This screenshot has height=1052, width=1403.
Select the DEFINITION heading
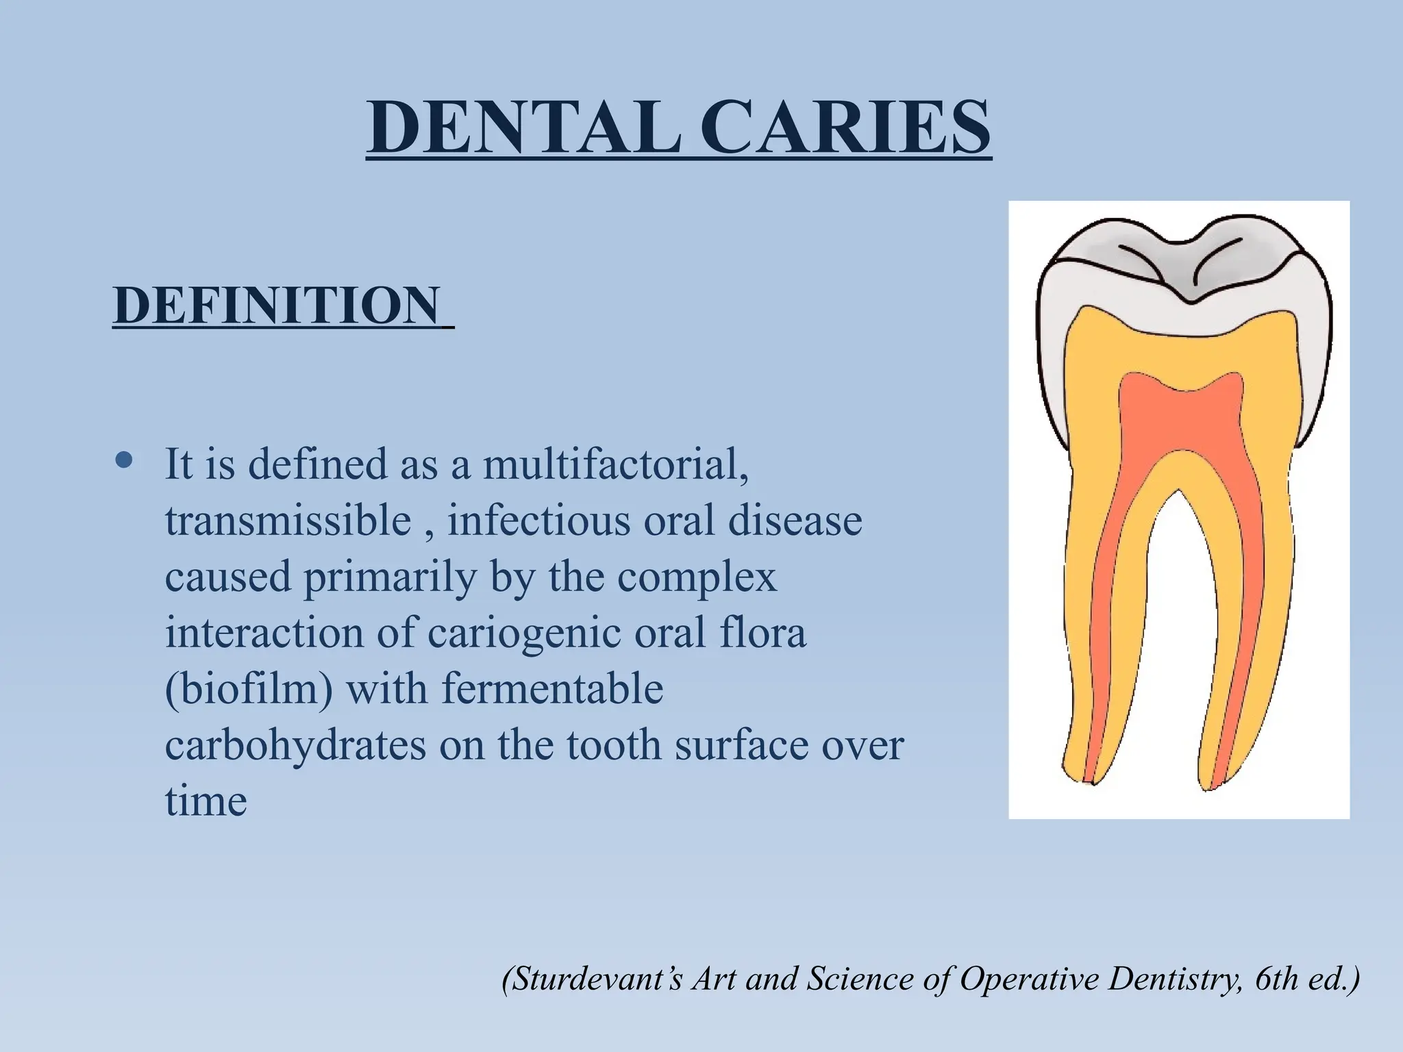coord(277,305)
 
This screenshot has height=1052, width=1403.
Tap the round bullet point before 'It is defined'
coord(124,461)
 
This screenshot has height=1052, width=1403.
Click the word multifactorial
coord(615,464)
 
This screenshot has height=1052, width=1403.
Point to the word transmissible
coord(288,520)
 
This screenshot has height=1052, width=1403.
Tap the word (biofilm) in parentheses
coord(249,688)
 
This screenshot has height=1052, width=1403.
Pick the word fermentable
coord(552,688)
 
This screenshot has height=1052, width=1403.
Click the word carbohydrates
coord(295,744)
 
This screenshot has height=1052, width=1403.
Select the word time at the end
coord(206,801)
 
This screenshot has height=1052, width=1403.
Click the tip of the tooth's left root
coord(1091,781)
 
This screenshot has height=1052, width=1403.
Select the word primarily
coord(390,576)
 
